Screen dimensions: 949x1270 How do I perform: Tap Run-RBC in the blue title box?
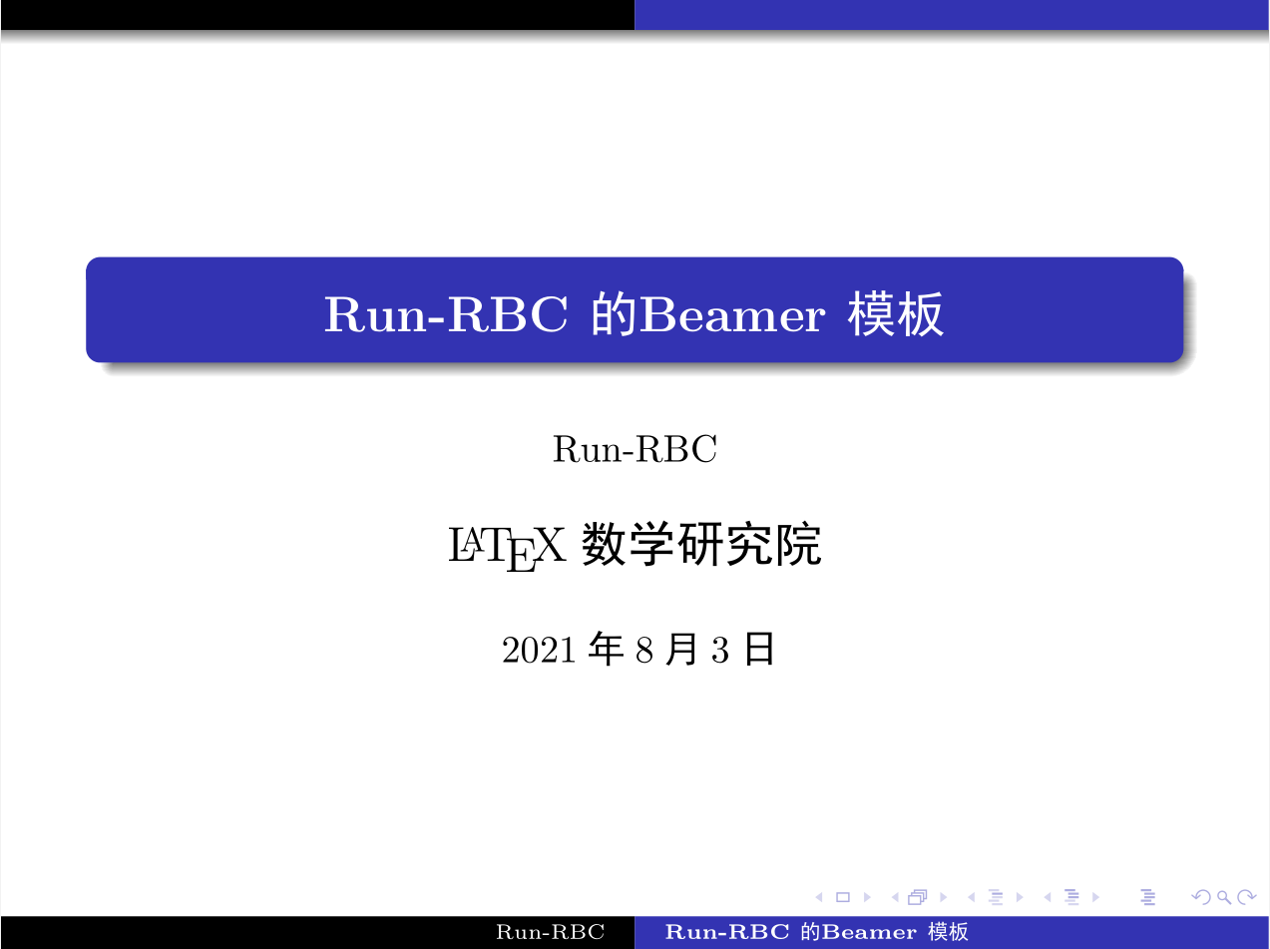click(445, 316)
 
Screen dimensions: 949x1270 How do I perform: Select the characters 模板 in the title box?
click(895, 316)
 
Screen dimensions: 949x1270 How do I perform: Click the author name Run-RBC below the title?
click(635, 450)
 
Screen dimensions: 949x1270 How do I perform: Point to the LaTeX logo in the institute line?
click(508, 549)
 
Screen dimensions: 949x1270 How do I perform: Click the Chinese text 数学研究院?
click(701, 546)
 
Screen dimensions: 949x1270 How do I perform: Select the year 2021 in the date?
click(539, 651)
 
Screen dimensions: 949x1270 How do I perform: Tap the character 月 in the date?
click(681, 650)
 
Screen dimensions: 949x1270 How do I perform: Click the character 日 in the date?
click(759, 650)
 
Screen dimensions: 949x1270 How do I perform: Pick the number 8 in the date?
click(643, 651)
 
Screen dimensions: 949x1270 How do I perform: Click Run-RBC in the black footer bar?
click(551, 933)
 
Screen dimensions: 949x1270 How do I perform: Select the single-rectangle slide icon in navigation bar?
click(843, 897)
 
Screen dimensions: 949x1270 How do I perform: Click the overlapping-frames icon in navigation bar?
click(917, 897)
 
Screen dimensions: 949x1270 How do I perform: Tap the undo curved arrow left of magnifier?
click(1201, 897)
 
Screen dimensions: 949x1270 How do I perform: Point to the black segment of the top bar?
click(317, 15)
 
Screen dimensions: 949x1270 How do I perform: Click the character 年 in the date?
click(607, 650)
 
